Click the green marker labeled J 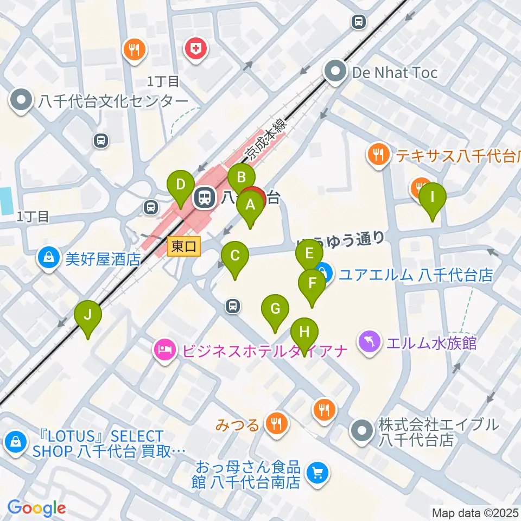click(88, 314)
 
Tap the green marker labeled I click(432, 197)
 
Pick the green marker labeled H click(304, 332)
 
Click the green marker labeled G click(275, 309)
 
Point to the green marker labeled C click(234, 256)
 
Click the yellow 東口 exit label click(184, 247)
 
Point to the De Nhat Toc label click(395, 72)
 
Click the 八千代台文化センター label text click(112, 101)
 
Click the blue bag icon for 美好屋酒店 click(49, 258)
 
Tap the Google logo click(36, 508)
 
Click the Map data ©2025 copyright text click(475, 512)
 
